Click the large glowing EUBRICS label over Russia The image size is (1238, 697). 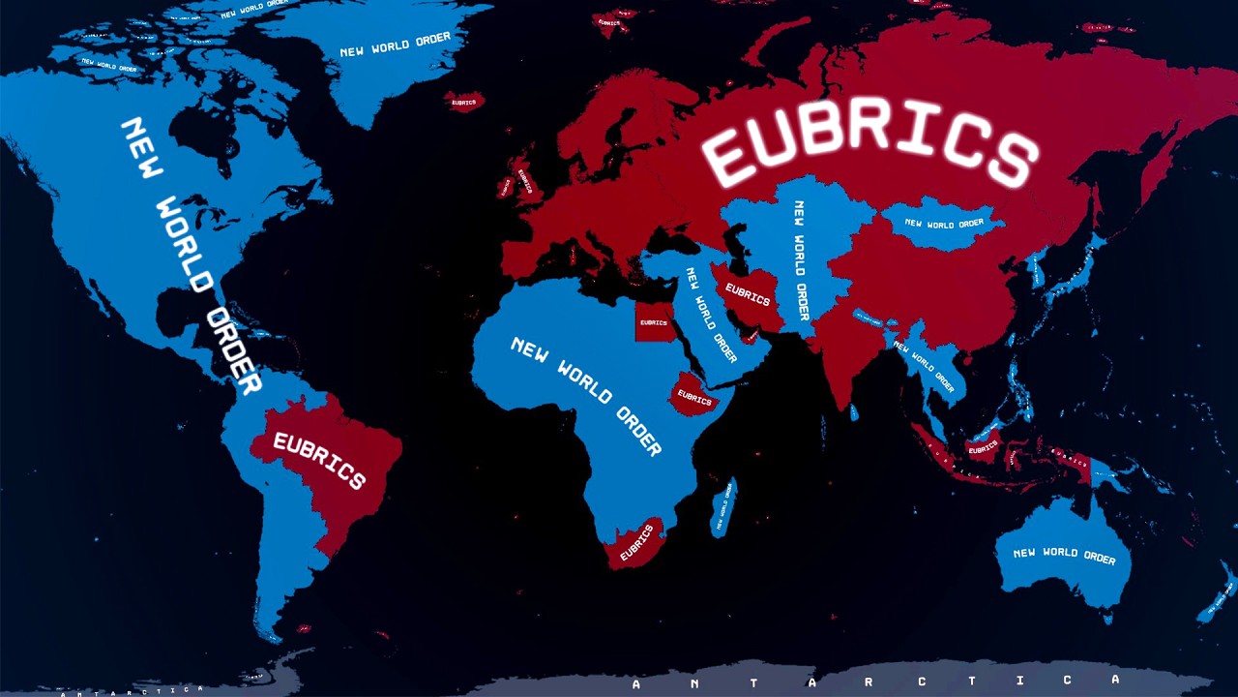click(870, 145)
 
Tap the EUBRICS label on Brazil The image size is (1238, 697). click(319, 460)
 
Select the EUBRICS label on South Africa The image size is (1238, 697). click(637, 543)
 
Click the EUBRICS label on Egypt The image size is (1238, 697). click(654, 322)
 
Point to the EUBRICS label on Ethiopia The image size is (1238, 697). click(694, 397)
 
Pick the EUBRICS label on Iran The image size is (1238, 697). click(748, 294)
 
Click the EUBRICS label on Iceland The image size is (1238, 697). click(463, 102)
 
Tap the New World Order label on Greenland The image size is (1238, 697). click(395, 45)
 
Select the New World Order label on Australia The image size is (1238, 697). click(1064, 555)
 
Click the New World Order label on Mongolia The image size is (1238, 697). click(944, 224)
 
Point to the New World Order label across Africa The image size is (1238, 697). click(585, 395)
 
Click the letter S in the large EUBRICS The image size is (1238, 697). click(1009, 160)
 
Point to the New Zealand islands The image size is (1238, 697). click(1216, 592)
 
